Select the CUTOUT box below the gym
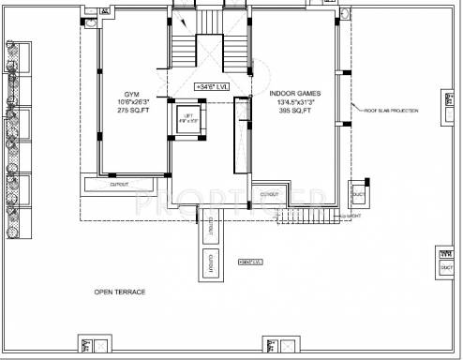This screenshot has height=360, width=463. click(x=119, y=185)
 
